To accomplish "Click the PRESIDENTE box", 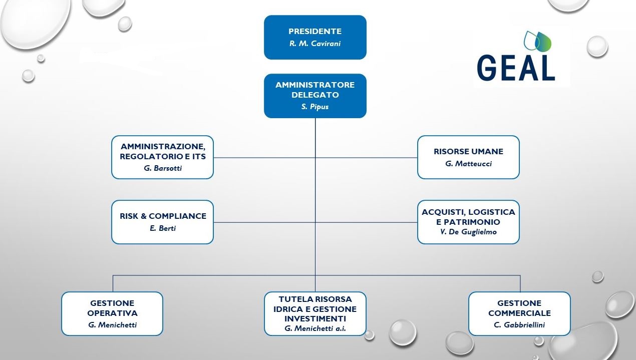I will pos(315,37).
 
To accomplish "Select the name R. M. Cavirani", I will pos(315,44).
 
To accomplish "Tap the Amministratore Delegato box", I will pos(315,96).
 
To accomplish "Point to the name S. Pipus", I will pos(315,107).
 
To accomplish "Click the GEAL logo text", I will pos(516,67).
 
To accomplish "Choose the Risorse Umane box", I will pos(468,157).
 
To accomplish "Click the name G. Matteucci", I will pos(468,164).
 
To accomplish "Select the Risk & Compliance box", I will pos(162,222).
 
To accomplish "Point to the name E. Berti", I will pos(162,228).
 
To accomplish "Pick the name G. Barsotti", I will pos(162,168).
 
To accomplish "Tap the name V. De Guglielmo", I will pos(468,232).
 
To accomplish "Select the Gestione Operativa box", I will pos(112,313).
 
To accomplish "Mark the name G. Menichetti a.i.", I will pos(315,328).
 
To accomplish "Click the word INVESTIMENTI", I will pos(315,318).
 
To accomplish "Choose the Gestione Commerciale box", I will pos(519,313).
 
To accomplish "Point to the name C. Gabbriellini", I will pos(519,325).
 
